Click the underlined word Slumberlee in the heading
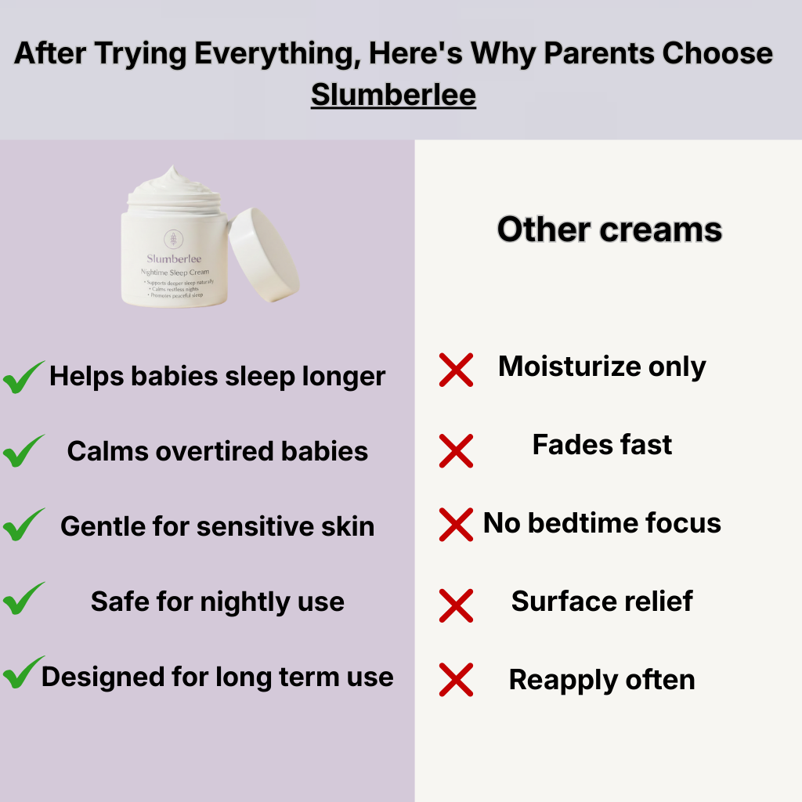pyautogui.click(x=393, y=95)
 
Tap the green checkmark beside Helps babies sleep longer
pyautogui.click(x=23, y=378)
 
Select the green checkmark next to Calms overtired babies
pyautogui.click(x=23, y=452)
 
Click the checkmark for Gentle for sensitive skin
pyautogui.click(x=23, y=526)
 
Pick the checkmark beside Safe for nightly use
pyautogui.click(x=23, y=600)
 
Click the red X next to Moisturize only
pyautogui.click(x=456, y=370)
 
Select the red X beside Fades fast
pyautogui.click(x=456, y=451)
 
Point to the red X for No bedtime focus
pyautogui.click(x=456, y=525)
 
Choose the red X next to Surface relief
pyautogui.click(x=456, y=605)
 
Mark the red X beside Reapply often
pyautogui.click(x=456, y=679)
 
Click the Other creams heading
pyautogui.click(x=609, y=229)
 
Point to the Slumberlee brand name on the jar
pyautogui.click(x=172, y=258)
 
